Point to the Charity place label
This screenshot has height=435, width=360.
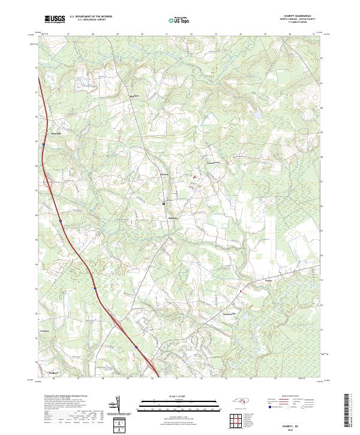(x=164, y=175)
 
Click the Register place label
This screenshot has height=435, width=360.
(x=134, y=96)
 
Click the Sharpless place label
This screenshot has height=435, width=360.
(x=173, y=217)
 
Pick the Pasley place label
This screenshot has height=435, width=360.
(x=268, y=280)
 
